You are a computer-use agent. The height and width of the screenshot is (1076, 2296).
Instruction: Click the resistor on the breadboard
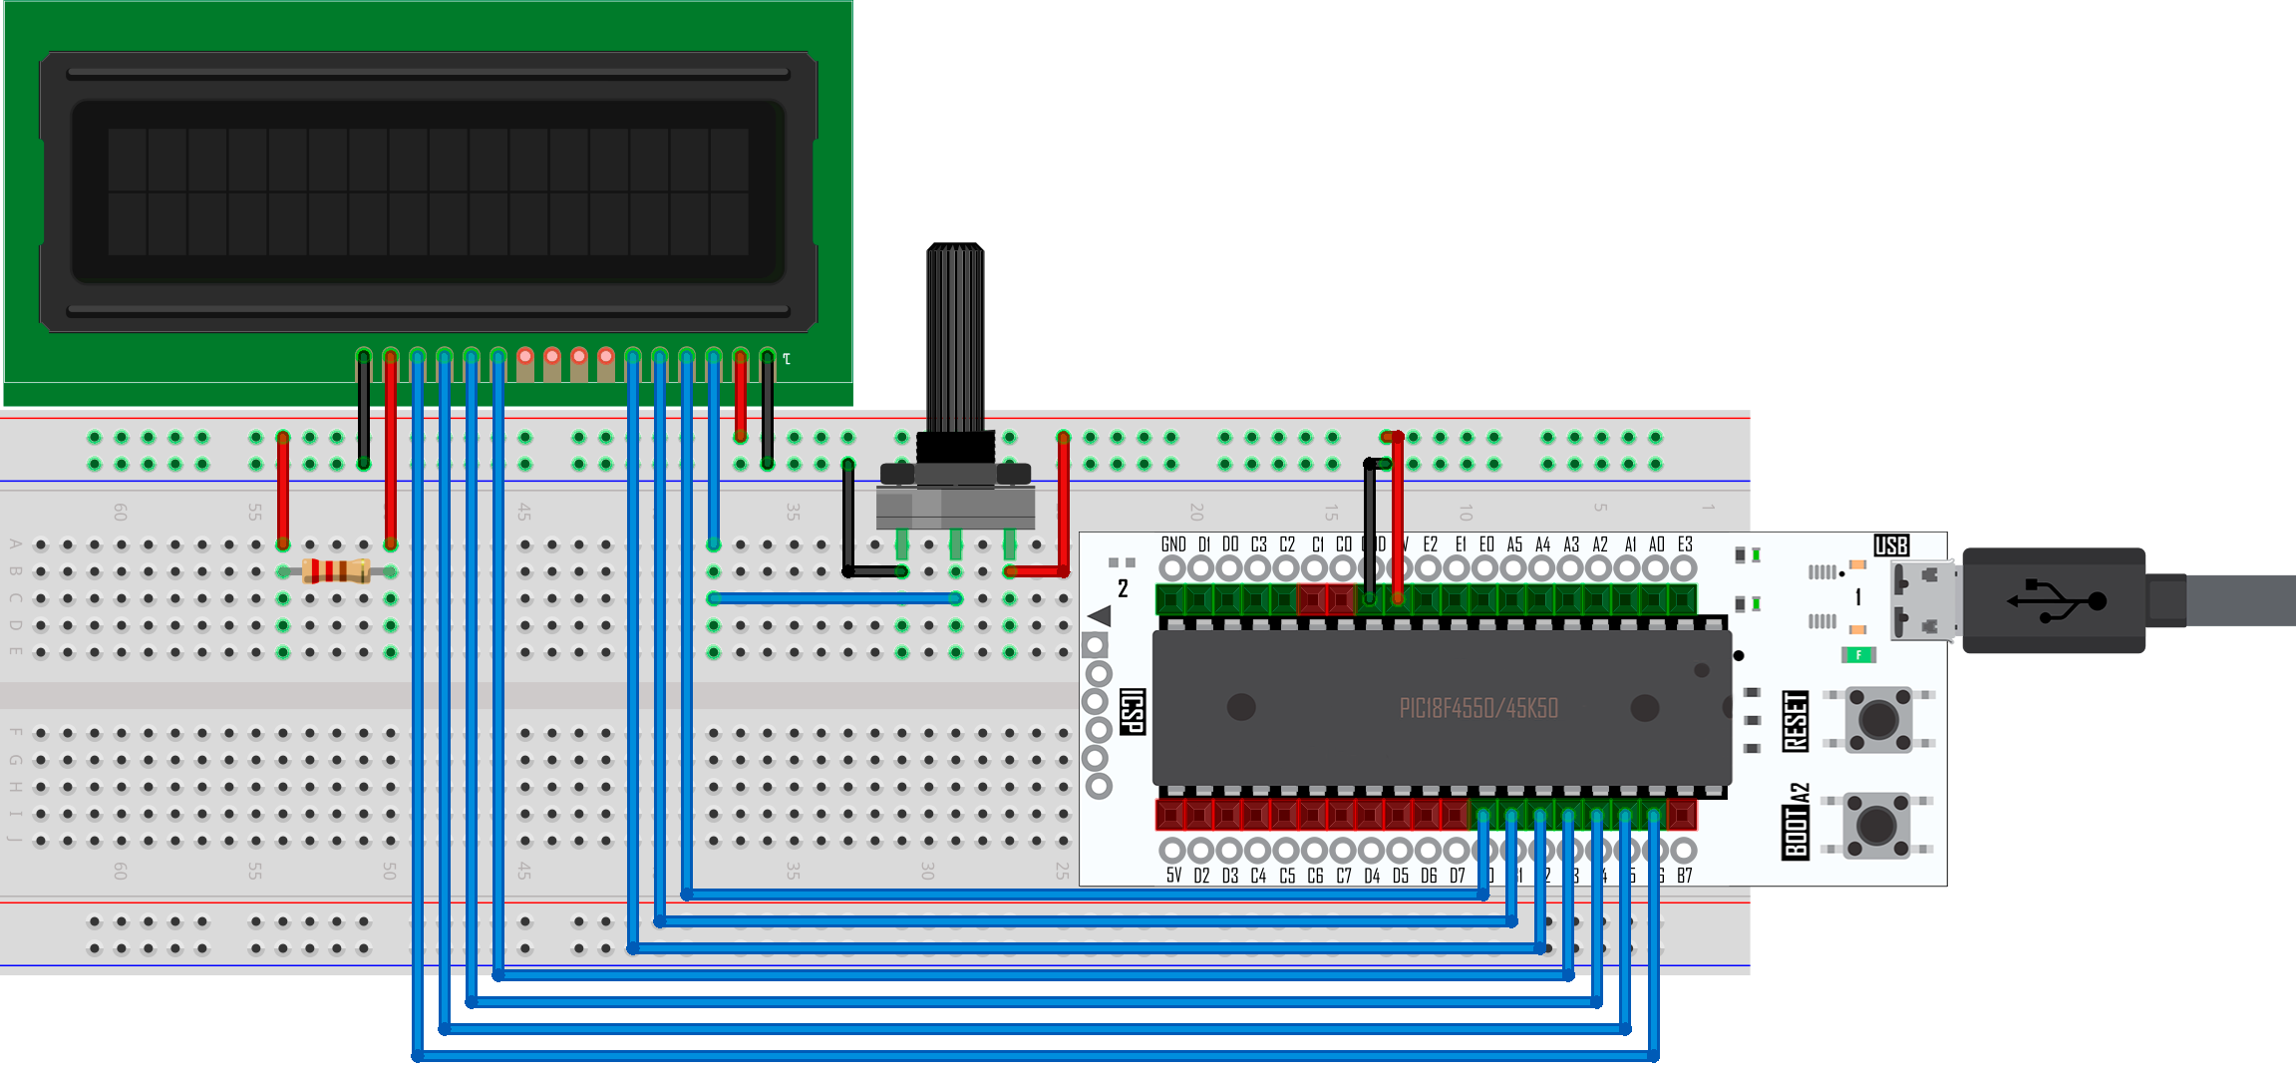pyautogui.click(x=336, y=571)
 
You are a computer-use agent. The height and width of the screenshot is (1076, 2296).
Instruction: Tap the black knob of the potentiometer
pyautogui.click(x=955, y=339)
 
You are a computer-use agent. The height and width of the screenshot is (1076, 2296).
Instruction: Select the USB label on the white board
pyautogui.click(x=1891, y=545)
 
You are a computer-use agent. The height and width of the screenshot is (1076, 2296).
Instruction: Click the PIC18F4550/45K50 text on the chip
pyautogui.click(x=1478, y=709)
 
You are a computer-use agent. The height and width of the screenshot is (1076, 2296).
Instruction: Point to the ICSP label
pyautogui.click(x=1133, y=711)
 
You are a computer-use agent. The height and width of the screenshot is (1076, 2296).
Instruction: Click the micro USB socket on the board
pyautogui.click(x=1924, y=600)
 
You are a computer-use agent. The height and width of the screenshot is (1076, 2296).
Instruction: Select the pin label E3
pyautogui.click(x=1685, y=544)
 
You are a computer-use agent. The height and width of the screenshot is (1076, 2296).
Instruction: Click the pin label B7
pyautogui.click(x=1685, y=876)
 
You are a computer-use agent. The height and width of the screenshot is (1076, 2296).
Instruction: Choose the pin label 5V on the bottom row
pyautogui.click(x=1173, y=876)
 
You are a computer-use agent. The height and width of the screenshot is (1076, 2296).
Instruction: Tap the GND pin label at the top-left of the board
pyautogui.click(x=1173, y=544)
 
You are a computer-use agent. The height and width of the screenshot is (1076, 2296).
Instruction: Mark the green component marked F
pyautogui.click(x=1858, y=655)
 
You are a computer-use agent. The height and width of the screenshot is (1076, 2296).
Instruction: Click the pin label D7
pyautogui.click(x=1458, y=876)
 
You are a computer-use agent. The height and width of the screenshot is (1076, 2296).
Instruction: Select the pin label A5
pyautogui.click(x=1514, y=544)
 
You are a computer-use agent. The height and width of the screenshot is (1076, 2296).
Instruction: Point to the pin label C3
pyautogui.click(x=1259, y=544)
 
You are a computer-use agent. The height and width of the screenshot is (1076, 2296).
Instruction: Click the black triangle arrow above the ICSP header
pyautogui.click(x=1100, y=615)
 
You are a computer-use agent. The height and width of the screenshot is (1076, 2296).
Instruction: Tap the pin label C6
pyautogui.click(x=1315, y=876)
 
